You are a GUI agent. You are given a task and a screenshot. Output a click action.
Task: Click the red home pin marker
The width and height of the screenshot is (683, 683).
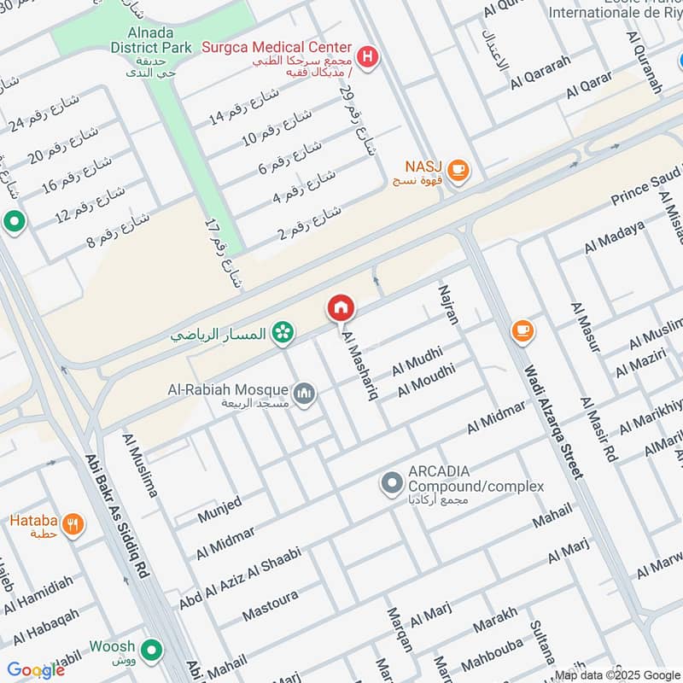coord(340,307)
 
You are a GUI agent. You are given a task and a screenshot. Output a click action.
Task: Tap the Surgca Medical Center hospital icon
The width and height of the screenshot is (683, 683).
coord(367,57)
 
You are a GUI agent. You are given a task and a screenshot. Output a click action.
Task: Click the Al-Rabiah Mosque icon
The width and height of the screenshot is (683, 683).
coord(306,394)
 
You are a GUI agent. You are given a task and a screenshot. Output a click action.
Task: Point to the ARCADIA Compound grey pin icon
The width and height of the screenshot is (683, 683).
coord(392,484)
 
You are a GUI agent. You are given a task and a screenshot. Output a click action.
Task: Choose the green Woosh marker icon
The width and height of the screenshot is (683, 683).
coord(152,651)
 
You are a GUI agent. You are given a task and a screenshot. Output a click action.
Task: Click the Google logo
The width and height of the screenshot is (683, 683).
coord(36,670)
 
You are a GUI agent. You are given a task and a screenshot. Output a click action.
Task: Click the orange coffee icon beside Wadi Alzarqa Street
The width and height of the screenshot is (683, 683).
coord(522,330)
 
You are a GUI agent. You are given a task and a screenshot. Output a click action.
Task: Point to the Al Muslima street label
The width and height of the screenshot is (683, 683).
coord(141,465)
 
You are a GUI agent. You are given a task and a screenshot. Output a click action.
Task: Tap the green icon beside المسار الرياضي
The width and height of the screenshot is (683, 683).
coord(281,333)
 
